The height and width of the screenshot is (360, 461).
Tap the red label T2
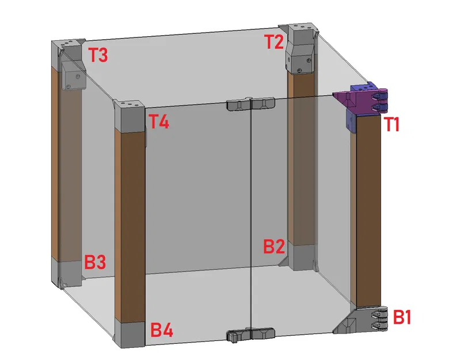point(275,41)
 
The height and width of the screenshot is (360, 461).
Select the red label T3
point(97,55)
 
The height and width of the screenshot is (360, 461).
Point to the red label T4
point(159,122)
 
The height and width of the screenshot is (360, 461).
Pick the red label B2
point(274,247)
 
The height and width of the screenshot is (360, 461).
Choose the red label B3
point(95,263)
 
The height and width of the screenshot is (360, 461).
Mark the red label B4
point(162,330)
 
